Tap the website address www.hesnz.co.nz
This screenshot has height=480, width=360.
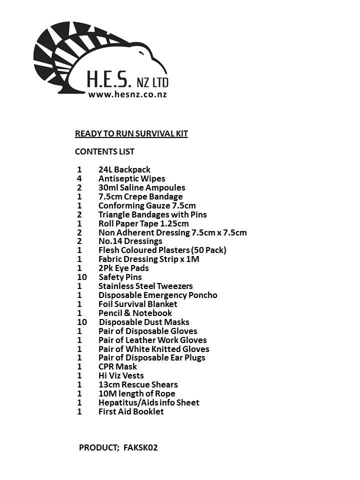tap(127, 94)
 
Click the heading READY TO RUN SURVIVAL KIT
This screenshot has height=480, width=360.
tap(131, 133)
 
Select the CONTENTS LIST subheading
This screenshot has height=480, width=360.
tap(104, 151)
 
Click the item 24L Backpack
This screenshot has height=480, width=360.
tap(124, 169)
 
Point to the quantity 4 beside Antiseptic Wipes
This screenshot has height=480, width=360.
tap(79, 178)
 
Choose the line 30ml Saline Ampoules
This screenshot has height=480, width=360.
tap(141, 187)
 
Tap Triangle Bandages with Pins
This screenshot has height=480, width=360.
tap(152, 214)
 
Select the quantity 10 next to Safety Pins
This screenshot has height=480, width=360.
tap(81, 277)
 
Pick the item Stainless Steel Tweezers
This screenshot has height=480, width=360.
tap(145, 286)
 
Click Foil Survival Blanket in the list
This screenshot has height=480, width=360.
tap(137, 304)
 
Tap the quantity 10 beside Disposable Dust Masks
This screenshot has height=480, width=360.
tap(81, 322)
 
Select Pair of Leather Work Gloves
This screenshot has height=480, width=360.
tap(152, 340)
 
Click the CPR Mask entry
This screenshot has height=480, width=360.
tap(117, 366)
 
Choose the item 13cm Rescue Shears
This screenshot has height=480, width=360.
tap(138, 384)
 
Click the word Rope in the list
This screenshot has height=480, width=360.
tap(165, 393)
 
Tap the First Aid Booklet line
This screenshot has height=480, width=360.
tap(131, 411)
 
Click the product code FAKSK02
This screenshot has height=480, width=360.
tap(140, 447)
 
